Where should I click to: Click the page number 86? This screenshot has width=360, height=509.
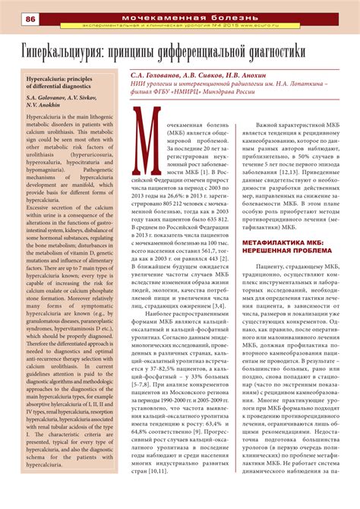14,18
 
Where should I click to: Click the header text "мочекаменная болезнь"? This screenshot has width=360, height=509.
204,15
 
